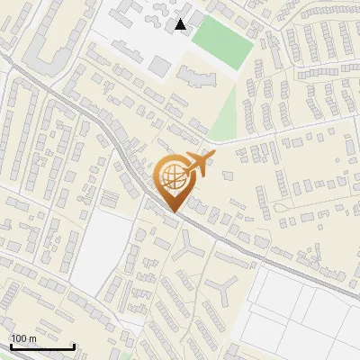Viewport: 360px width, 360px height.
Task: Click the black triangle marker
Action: (181, 24)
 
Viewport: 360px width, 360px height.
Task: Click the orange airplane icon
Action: (199, 165)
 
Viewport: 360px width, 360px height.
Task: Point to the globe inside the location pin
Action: (171, 177)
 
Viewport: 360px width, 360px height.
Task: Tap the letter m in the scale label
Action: (32, 339)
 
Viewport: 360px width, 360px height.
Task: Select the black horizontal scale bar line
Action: (42, 346)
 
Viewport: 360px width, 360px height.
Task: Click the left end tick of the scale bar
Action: (11, 345)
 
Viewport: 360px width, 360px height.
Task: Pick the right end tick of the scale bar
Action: (74, 345)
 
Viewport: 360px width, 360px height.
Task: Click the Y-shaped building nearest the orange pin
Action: (189, 246)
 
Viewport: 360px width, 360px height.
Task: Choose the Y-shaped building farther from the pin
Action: (222, 290)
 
